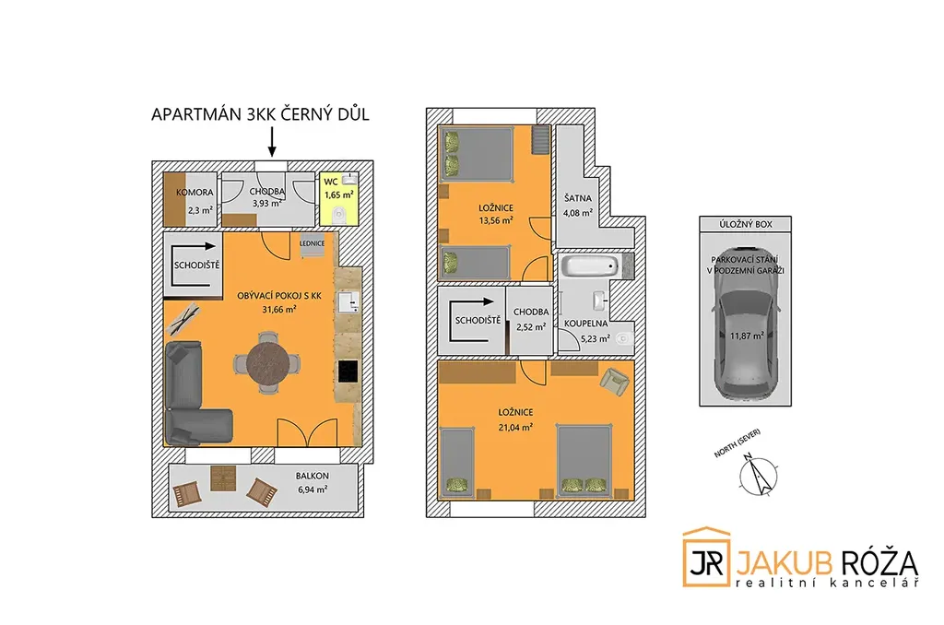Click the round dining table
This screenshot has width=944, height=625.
(x=267, y=363)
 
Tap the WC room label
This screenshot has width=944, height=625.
(x=331, y=182)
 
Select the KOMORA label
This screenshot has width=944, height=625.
(x=195, y=193)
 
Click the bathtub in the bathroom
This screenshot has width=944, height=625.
(x=590, y=265)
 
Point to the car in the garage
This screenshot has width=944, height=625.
(x=745, y=324)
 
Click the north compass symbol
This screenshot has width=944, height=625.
(x=758, y=475)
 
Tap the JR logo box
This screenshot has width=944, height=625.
(x=706, y=558)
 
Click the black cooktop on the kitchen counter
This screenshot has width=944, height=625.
(x=348, y=371)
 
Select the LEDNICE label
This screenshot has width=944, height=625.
(x=312, y=244)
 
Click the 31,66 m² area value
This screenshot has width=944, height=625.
(x=278, y=310)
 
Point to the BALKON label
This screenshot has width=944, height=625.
(x=313, y=476)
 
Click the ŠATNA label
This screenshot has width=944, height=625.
(x=578, y=198)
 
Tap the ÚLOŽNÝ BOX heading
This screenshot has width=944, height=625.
(x=745, y=224)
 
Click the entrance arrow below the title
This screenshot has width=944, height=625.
(x=272, y=142)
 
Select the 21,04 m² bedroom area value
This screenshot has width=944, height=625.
(x=515, y=428)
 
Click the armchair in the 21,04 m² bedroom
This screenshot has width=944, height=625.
(x=615, y=381)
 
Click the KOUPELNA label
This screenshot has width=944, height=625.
(x=585, y=324)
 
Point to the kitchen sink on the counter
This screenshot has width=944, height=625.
(x=348, y=301)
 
